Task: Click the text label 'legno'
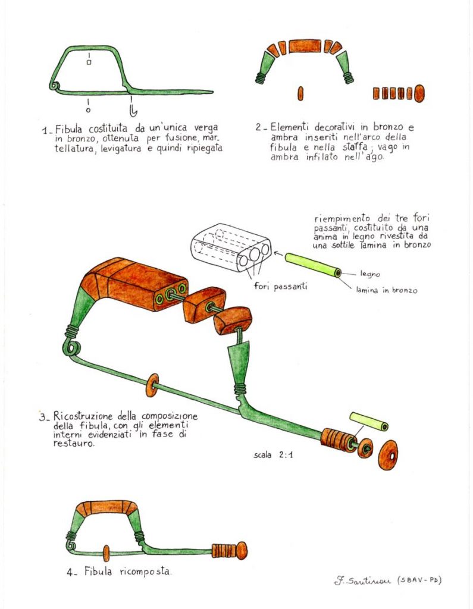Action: pos(369,274)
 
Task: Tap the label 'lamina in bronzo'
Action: pos(387,290)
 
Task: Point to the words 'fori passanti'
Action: pos(281,286)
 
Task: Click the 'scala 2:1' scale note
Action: pos(273,454)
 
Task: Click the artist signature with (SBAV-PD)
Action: pos(388,581)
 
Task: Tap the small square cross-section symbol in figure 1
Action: pos(89,62)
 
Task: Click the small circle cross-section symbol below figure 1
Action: pos(88,110)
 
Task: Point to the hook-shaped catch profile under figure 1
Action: pos(133,110)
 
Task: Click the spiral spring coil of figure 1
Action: pos(54,86)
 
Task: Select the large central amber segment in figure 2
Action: pos(305,46)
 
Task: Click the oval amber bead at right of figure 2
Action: pos(419,93)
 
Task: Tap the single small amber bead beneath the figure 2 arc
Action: pos(300,93)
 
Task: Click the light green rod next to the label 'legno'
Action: pos(314,265)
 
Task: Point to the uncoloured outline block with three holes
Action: pos(231,247)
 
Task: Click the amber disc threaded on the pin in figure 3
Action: pos(152,385)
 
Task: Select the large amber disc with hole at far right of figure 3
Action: pos(388,455)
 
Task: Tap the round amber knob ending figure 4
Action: pos(242,551)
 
